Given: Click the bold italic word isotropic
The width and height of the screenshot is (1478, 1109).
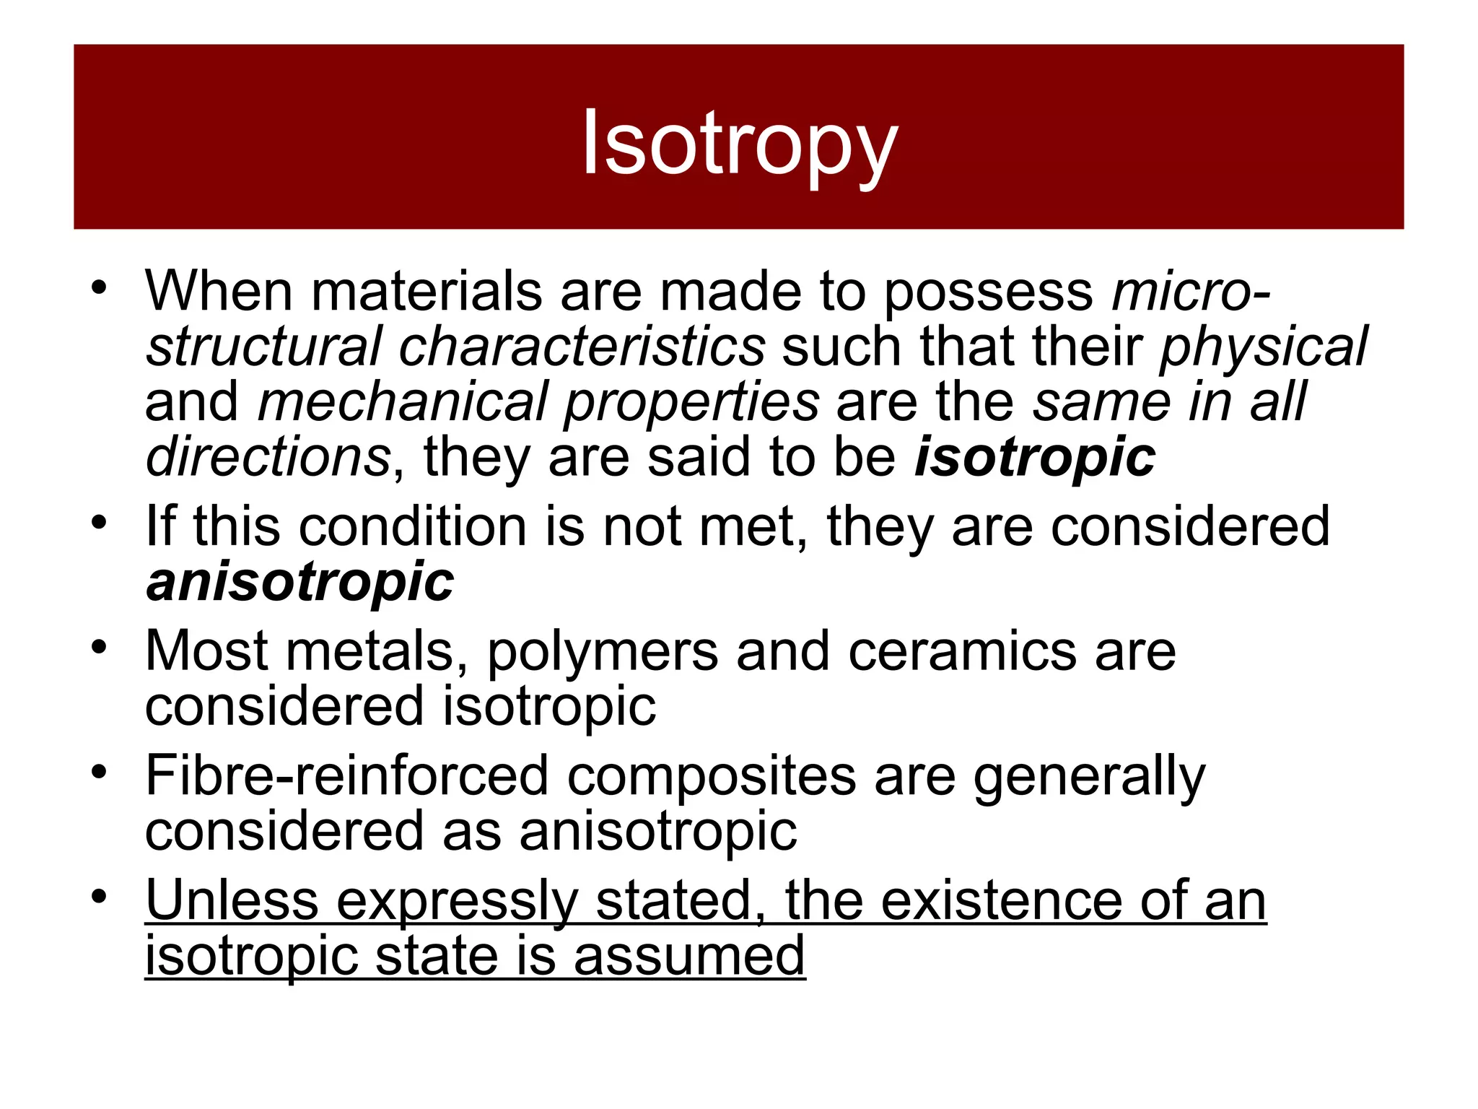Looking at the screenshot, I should point(1035,458).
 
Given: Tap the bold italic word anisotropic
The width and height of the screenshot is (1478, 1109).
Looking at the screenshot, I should point(300,582).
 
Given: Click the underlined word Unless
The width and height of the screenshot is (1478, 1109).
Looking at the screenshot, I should point(232,901).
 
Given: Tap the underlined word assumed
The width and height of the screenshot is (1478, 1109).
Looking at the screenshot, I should point(689,956).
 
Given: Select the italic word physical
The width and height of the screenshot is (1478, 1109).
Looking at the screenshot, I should point(1263,347).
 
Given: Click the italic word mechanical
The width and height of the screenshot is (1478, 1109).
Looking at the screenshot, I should point(403,402).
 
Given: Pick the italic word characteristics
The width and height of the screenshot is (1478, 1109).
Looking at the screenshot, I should point(582,347).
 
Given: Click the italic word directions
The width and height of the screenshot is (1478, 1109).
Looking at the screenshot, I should point(268,458).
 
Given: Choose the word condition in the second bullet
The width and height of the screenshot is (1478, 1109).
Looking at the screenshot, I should point(412,527).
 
